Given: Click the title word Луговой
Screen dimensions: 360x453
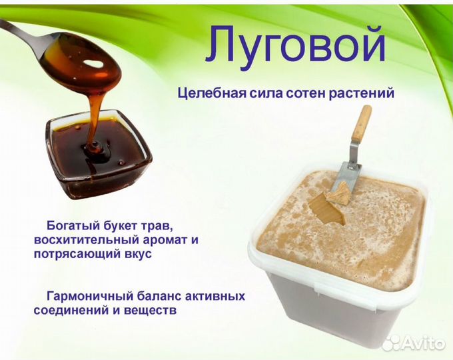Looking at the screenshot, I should click(x=295, y=45).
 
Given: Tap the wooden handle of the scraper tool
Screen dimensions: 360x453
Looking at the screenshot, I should click(x=361, y=127).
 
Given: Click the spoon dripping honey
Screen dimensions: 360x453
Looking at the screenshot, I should click(x=67, y=50).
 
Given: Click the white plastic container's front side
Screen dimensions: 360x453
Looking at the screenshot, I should click(x=333, y=313).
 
